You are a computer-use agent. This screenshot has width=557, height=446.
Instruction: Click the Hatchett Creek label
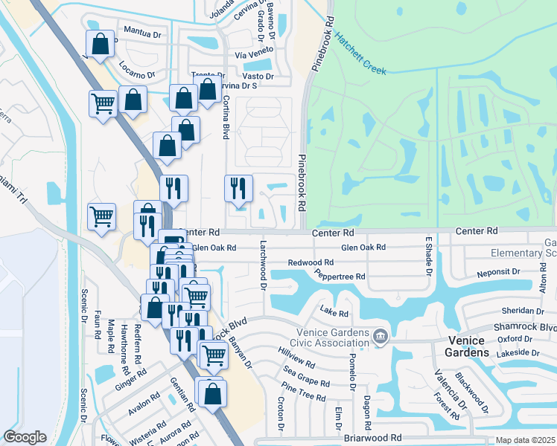(x=360, y=54)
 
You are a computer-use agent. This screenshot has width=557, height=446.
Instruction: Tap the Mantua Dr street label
(x=143, y=34)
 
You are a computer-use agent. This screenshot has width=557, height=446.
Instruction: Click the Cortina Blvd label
(x=226, y=119)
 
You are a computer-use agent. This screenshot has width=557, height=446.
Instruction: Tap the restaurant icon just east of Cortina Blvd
(x=239, y=189)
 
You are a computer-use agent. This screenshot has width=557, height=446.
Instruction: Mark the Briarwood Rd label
(x=374, y=438)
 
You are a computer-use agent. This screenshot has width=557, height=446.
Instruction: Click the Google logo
(x=25, y=437)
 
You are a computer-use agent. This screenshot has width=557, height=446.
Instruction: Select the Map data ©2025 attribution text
(x=526, y=440)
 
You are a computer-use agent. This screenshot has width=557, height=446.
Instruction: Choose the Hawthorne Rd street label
(x=124, y=339)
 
